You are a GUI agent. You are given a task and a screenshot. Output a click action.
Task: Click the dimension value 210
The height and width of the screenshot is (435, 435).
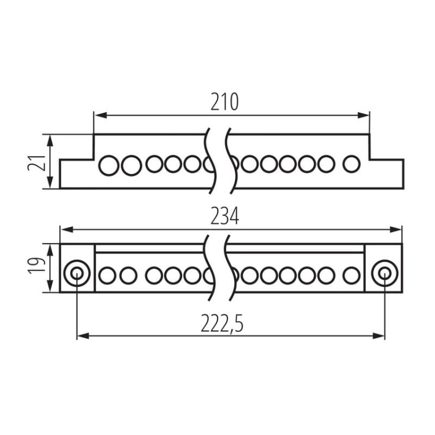pyautogui.click(x=224, y=102)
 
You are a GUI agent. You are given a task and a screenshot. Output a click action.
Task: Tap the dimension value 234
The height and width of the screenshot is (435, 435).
pyautogui.click(x=224, y=216)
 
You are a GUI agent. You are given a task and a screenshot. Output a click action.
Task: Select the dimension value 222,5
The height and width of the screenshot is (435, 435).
pyautogui.click(x=222, y=324)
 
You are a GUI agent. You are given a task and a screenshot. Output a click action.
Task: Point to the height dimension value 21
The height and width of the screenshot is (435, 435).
pyautogui.click(x=37, y=163)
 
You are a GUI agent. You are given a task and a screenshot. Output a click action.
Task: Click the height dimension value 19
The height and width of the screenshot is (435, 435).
pyautogui.click(x=37, y=266)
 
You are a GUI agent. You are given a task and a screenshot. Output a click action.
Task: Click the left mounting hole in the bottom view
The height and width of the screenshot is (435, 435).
pyautogui.click(x=77, y=273)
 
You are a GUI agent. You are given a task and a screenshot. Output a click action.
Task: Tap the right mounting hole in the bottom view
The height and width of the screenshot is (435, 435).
pyautogui.click(x=385, y=273)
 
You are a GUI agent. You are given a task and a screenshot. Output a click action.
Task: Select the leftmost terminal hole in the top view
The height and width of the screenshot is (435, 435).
pyautogui.click(x=109, y=165)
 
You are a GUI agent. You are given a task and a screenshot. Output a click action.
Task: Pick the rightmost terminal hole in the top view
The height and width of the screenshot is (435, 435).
pyautogui.click(x=351, y=164)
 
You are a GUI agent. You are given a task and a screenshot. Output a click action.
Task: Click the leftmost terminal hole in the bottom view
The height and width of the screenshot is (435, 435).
pyautogui.click(x=107, y=275)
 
